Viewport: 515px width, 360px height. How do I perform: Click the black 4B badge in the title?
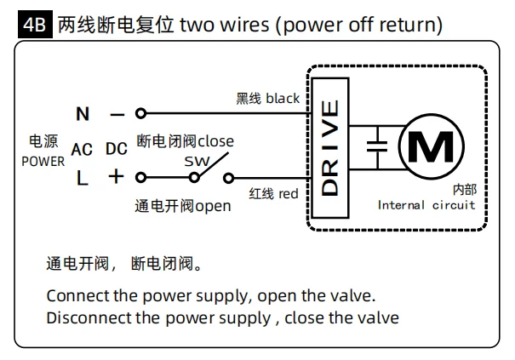tap(35, 24)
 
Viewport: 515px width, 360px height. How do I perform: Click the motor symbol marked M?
tap(432, 146)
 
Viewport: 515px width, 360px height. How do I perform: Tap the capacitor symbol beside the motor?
tap(377, 146)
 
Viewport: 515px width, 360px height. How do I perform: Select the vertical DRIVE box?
tap(329, 148)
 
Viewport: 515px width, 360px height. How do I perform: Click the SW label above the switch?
tap(197, 161)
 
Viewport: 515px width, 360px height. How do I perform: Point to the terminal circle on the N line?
tap(140, 113)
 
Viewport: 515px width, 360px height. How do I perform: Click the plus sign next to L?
tap(116, 177)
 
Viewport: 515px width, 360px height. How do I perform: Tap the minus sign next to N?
tap(117, 115)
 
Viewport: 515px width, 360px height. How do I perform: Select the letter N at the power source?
tap(83, 114)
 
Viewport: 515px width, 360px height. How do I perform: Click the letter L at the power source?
tap(82, 178)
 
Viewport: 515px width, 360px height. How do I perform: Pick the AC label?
tap(82, 150)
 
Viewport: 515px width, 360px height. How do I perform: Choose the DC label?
tap(117, 149)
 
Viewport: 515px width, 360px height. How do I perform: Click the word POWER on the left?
tap(43, 162)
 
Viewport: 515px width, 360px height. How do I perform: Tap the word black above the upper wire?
tap(283, 98)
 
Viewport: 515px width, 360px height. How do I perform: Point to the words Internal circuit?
tap(426, 205)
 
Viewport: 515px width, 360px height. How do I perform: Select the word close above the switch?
tap(215, 141)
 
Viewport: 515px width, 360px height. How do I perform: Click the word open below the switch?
tap(213, 207)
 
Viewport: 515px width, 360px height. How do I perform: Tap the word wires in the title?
tap(244, 25)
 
